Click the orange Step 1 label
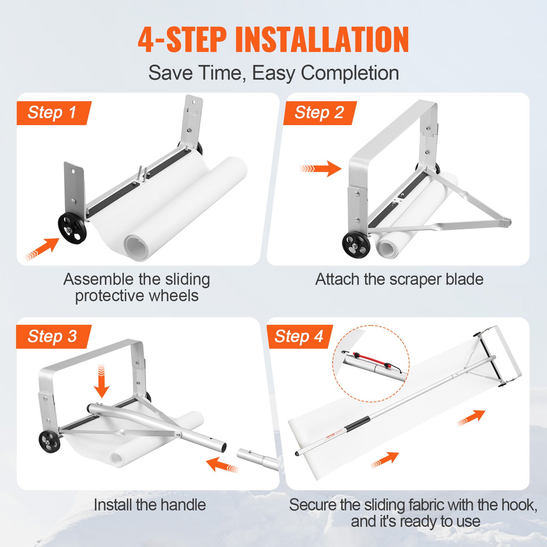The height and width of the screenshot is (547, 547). [53, 113]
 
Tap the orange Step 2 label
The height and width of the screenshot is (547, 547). [319, 113]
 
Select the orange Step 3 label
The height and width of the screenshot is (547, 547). [53, 336]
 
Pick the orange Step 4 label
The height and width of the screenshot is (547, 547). [299, 336]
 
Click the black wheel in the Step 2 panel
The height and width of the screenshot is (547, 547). [356, 245]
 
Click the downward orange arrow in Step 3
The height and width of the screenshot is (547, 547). [102, 382]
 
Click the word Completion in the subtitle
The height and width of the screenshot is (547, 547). [350, 73]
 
